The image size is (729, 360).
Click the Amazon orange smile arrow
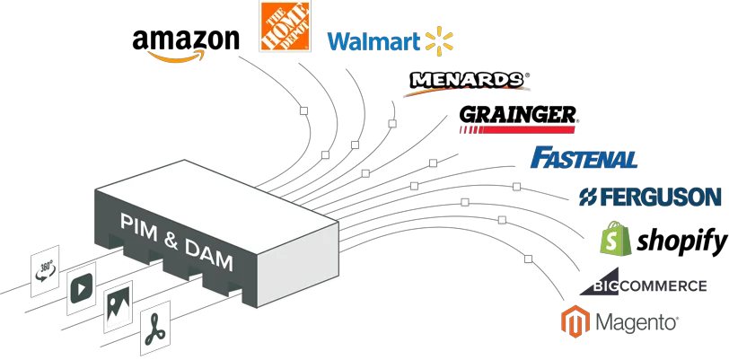click(176, 57)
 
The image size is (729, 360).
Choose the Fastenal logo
click(584, 158)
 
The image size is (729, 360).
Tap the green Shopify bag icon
click(616, 239)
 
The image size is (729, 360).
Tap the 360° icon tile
click(44, 267)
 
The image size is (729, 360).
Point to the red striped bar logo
click(516, 130)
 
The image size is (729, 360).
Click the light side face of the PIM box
click(296, 259)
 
